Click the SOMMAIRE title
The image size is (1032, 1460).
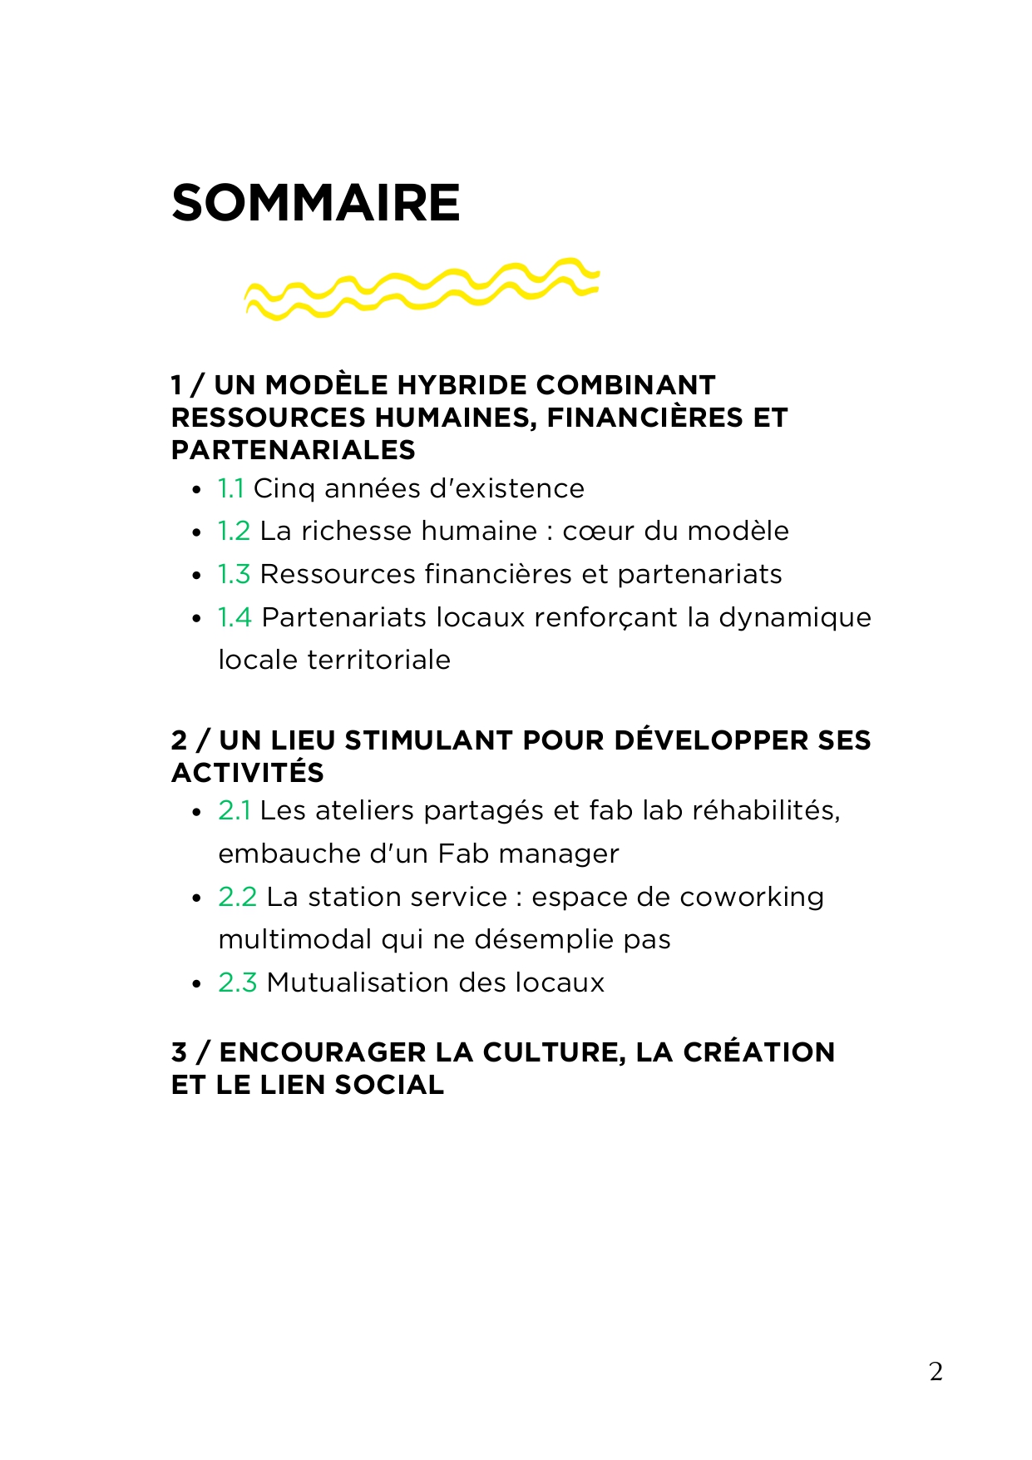pos(315,203)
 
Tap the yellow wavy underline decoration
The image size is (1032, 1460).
pos(421,289)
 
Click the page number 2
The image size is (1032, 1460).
pos(936,1371)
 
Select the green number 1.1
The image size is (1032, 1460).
pos(230,488)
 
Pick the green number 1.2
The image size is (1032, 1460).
pos(234,531)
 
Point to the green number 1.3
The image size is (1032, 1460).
pos(234,574)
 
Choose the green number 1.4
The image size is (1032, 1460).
pos(235,617)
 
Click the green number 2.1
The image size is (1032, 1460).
pos(234,810)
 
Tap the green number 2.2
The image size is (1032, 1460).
pos(237,897)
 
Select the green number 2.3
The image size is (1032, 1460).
pos(237,982)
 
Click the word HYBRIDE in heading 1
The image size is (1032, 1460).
pos(462,385)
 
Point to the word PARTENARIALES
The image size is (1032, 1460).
pos(293,450)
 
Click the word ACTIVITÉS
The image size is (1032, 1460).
pos(248,773)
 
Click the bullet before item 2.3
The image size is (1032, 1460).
pos(196,984)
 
